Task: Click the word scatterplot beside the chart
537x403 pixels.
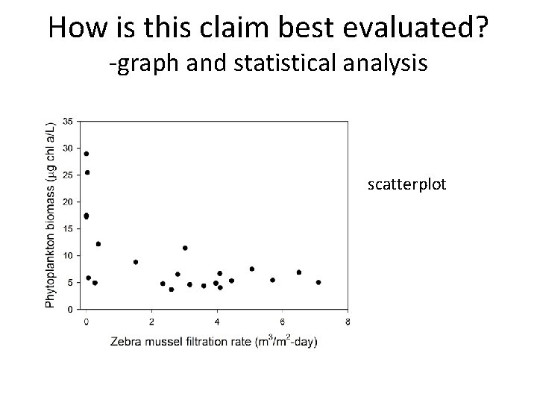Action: [406, 184]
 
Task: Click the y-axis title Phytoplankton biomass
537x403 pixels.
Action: [51, 214]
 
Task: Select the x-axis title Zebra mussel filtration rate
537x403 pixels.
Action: [214, 342]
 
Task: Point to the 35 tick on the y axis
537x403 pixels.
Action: [68, 121]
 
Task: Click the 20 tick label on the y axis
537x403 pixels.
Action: [68, 201]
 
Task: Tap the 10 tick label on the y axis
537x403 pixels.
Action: [68, 255]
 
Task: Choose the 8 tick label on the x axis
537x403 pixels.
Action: [348, 322]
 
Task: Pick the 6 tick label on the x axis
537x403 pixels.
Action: [283, 322]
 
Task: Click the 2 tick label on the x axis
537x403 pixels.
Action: [151, 322]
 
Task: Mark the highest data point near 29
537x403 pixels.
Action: [87, 154]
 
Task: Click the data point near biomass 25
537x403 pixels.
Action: [87, 172]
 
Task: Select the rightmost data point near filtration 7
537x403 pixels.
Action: [318, 282]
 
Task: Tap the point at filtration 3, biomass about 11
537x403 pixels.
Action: [185, 248]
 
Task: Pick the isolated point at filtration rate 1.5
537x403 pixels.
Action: [136, 262]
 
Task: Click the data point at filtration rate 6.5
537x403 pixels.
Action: [299, 272]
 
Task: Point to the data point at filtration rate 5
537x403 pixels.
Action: [252, 269]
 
